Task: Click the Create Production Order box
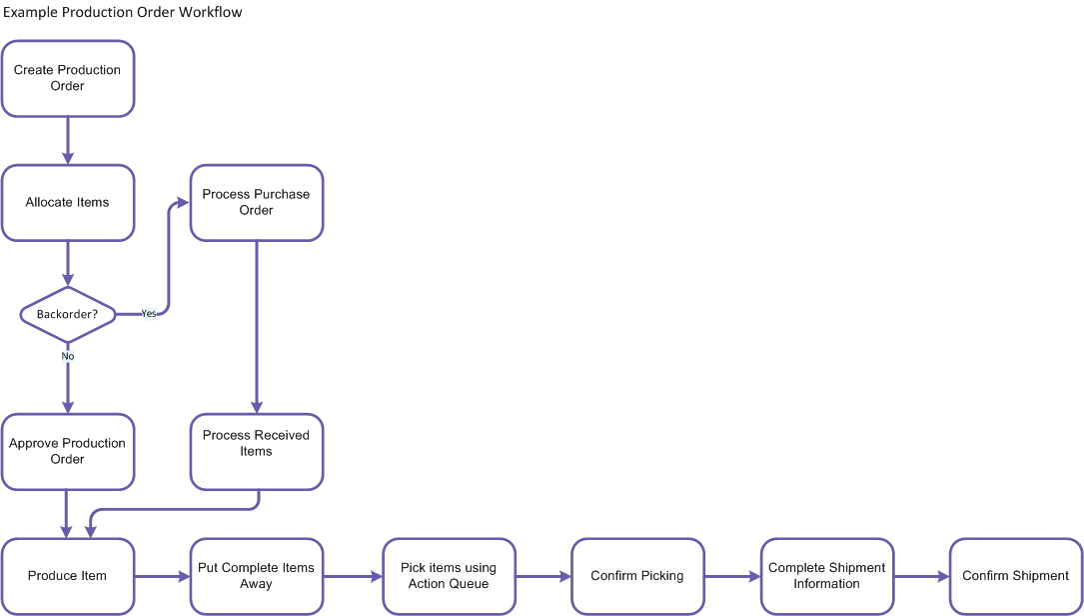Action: tap(68, 78)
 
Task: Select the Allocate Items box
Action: tap(68, 203)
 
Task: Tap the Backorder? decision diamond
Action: tap(68, 314)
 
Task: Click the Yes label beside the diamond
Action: tap(148, 313)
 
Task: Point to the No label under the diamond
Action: tap(68, 356)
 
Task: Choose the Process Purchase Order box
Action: tap(257, 203)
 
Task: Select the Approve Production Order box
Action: tap(68, 452)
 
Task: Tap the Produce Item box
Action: tap(68, 576)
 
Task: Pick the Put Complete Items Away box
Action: tap(257, 576)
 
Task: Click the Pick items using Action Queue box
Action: tap(449, 576)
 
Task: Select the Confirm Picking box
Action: tap(637, 576)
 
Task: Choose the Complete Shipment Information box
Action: tap(826, 576)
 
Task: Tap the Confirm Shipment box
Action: tap(1015, 576)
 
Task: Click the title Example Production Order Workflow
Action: tap(122, 13)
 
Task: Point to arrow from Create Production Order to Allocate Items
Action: tap(68, 140)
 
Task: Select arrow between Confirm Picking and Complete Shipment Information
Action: tap(732, 577)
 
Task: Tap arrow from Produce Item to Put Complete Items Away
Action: tap(162, 577)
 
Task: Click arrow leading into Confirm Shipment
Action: tap(921, 577)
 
